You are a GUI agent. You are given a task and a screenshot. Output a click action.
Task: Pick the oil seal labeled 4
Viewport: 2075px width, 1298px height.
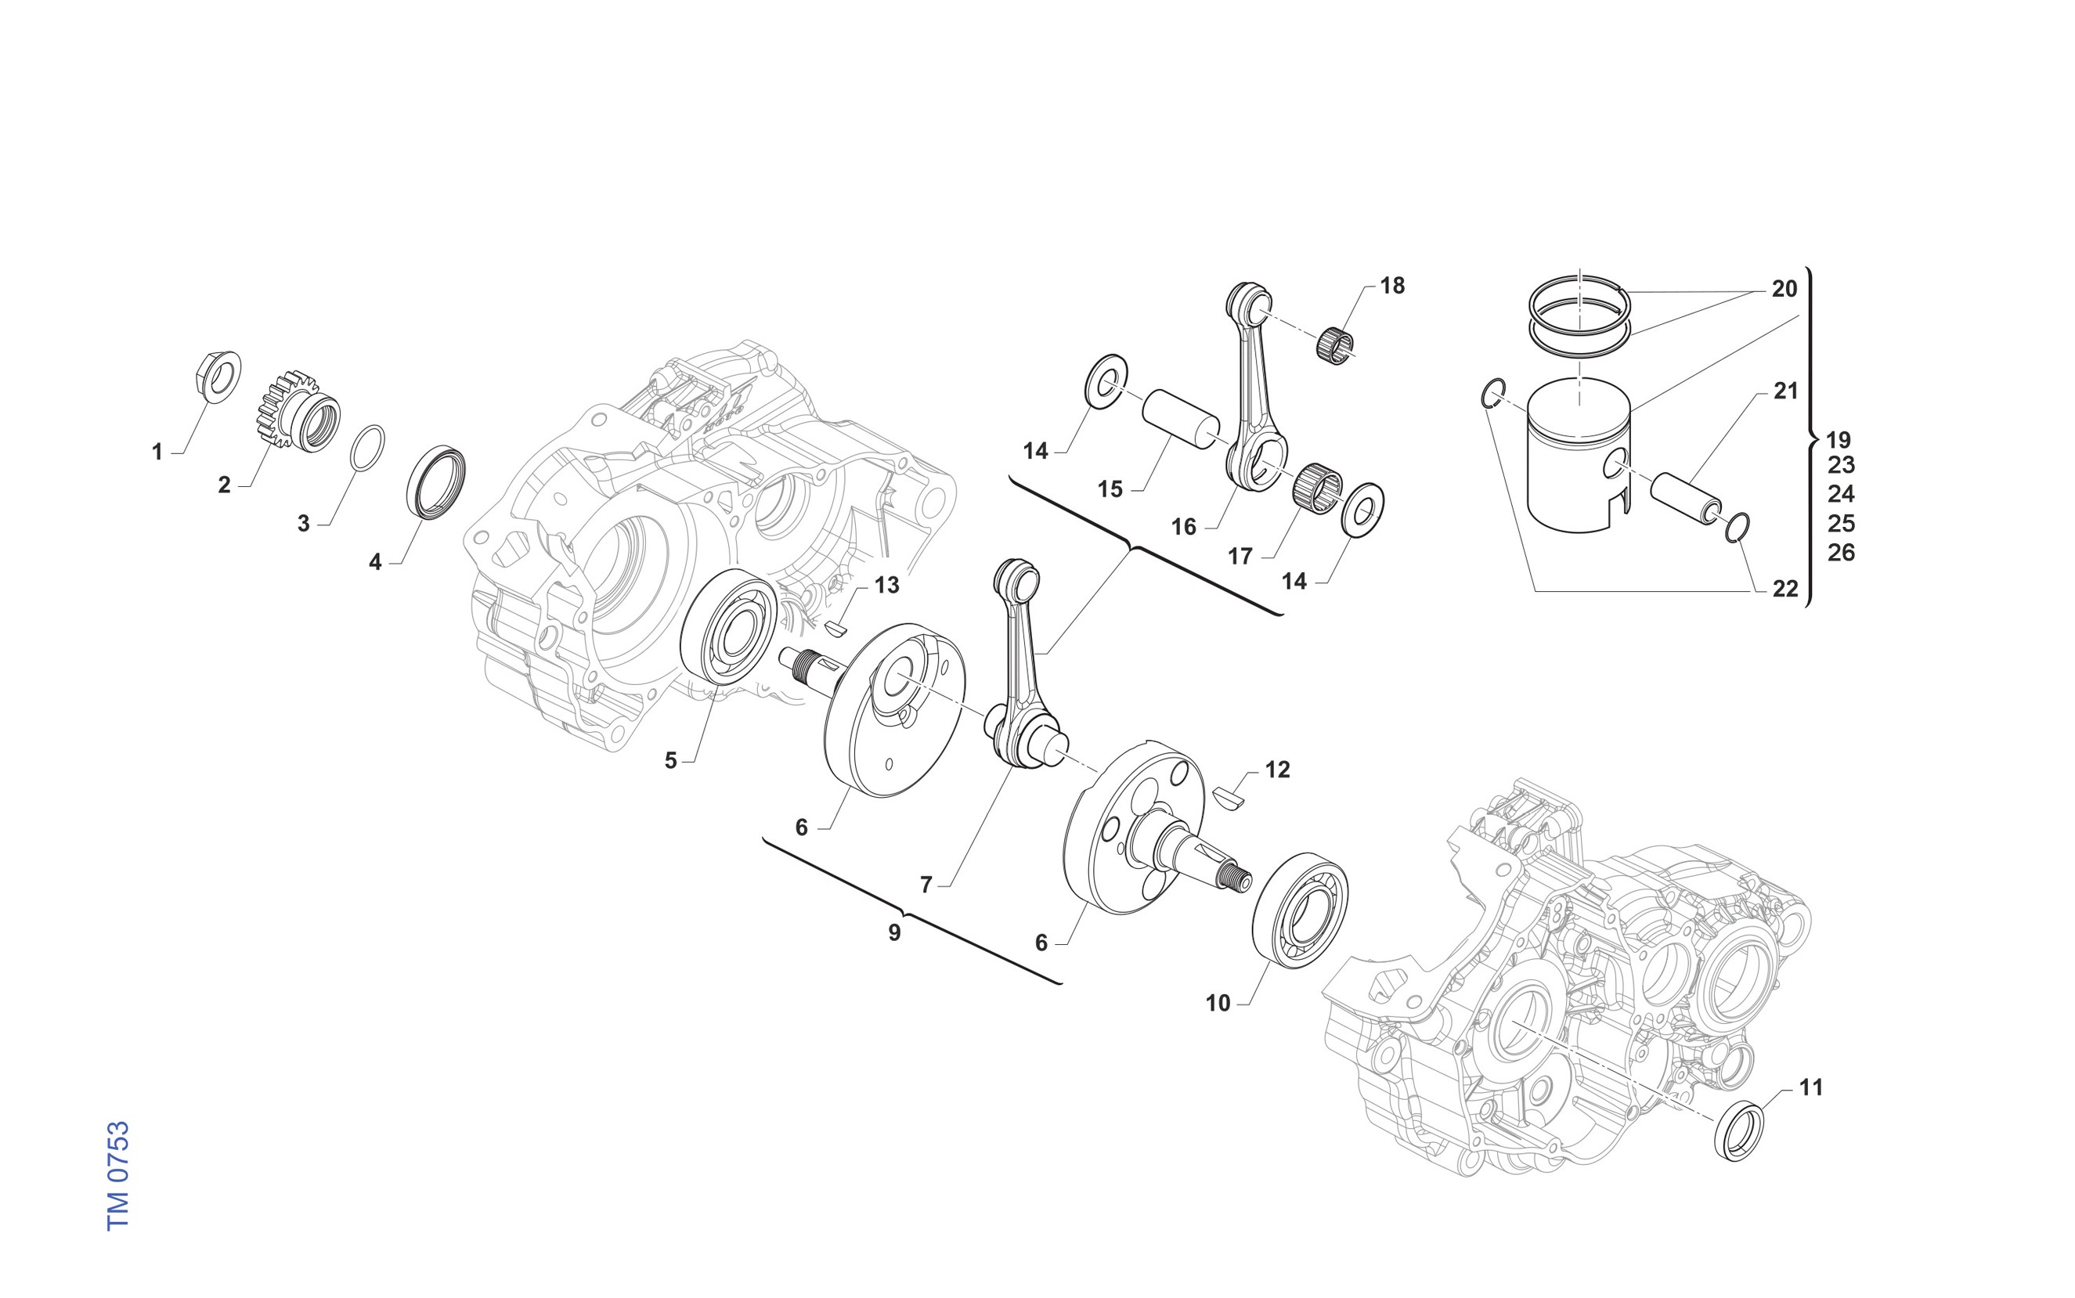tap(435, 481)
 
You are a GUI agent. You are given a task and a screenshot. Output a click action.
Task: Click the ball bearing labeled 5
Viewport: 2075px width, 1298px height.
tap(728, 626)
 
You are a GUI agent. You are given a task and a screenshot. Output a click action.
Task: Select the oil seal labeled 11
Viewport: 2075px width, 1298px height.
tap(1738, 1130)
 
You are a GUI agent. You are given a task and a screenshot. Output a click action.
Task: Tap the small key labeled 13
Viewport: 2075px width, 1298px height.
tap(835, 629)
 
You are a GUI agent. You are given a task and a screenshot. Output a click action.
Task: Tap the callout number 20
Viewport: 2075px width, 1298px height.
tap(1784, 290)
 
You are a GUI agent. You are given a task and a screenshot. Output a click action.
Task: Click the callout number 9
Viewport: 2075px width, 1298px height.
tap(894, 932)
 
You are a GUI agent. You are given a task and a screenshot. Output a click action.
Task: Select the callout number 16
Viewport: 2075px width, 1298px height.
tap(1183, 527)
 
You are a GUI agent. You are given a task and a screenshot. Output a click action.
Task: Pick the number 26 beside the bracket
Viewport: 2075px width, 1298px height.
tap(1841, 552)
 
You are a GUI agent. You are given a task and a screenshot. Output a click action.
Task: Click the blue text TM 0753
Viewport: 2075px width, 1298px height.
tap(117, 1175)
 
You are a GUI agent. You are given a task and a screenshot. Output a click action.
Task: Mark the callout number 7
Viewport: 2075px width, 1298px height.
tap(926, 884)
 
